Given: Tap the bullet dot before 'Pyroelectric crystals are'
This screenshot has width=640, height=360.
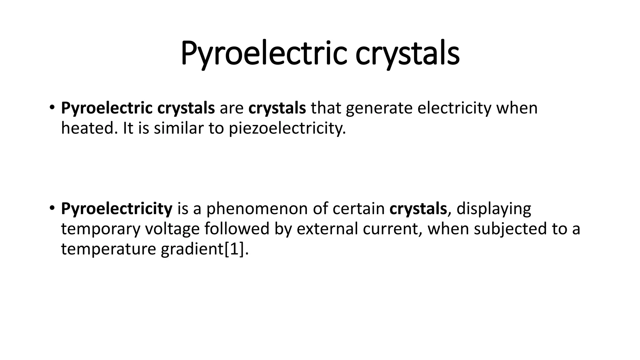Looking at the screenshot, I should (x=52, y=107).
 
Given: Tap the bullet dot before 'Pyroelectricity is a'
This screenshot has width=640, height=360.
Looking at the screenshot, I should (x=52, y=208).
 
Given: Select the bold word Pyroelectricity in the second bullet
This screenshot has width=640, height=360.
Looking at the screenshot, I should (x=117, y=209).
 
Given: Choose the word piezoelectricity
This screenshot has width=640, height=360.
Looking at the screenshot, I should (x=287, y=128).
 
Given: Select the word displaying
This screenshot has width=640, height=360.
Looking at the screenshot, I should (x=494, y=209).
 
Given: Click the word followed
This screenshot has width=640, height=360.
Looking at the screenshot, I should (x=237, y=229).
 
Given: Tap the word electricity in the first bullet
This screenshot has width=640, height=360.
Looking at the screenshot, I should (x=454, y=108).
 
